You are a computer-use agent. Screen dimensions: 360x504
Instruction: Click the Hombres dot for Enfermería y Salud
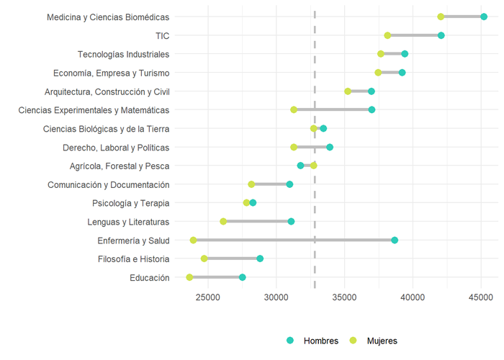pos(395,240)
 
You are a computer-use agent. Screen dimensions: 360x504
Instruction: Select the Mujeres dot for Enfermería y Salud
pos(193,240)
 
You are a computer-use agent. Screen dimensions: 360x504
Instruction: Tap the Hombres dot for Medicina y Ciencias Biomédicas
pos(484,17)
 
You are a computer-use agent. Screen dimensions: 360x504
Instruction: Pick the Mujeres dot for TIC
pos(388,35)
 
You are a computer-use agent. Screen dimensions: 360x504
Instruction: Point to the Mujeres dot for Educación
pos(189,277)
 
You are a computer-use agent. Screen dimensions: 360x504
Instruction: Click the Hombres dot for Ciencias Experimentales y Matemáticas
pos(372,109)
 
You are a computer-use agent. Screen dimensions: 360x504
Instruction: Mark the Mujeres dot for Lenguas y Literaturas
pos(223,221)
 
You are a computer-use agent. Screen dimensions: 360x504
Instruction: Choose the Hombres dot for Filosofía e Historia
pos(260,258)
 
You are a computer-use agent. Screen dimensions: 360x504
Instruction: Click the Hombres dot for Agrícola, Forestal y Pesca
pos(300,166)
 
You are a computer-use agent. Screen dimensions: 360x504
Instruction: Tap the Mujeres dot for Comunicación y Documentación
pos(251,184)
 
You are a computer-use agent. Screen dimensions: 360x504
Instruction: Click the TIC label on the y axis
pos(162,35)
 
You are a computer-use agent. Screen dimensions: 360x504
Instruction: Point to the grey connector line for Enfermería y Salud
pos(294,240)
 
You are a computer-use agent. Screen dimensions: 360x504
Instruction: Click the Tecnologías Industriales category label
pos(123,54)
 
